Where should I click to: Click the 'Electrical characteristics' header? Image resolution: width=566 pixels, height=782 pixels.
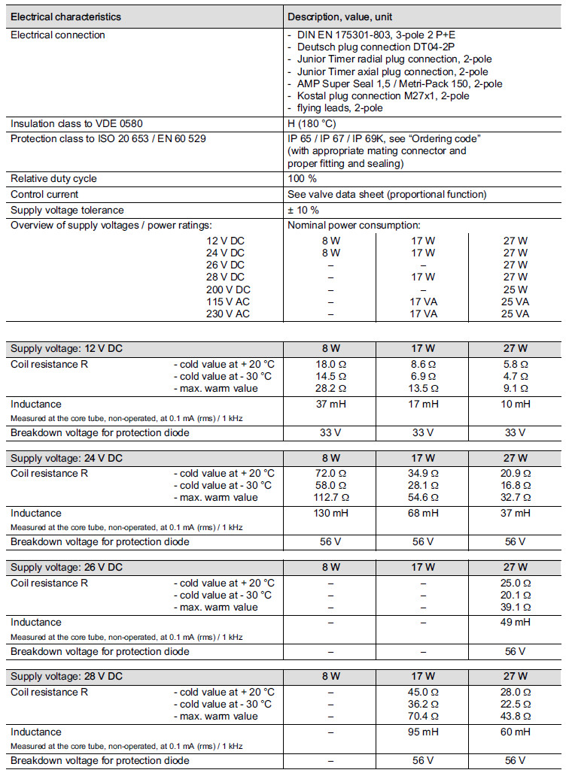[x=65, y=17]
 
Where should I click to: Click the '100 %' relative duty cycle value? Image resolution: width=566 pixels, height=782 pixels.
[x=303, y=179]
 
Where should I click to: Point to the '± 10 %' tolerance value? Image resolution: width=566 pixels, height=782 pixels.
[x=303, y=210]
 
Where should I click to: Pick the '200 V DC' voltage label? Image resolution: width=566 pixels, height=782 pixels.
[x=228, y=289]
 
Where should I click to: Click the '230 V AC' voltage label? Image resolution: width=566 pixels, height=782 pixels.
[x=227, y=314]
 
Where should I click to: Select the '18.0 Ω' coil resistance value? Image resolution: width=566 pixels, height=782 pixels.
[x=331, y=364]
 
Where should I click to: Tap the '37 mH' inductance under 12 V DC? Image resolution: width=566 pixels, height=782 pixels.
[x=331, y=405]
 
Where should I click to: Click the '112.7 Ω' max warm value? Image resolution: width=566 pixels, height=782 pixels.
[x=331, y=497]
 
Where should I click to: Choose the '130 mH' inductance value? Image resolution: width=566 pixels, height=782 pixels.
[x=331, y=514]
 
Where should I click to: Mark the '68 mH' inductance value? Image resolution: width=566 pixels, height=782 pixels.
[x=422, y=514]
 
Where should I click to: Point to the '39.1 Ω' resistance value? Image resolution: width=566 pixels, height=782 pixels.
[x=516, y=607]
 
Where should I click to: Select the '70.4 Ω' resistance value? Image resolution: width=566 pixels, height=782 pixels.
[x=422, y=717]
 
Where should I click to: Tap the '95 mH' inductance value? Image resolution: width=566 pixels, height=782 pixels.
[x=422, y=733]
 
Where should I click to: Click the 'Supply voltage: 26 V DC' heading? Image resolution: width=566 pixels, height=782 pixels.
[x=66, y=568]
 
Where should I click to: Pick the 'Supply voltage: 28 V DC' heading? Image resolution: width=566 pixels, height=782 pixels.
[x=66, y=677]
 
